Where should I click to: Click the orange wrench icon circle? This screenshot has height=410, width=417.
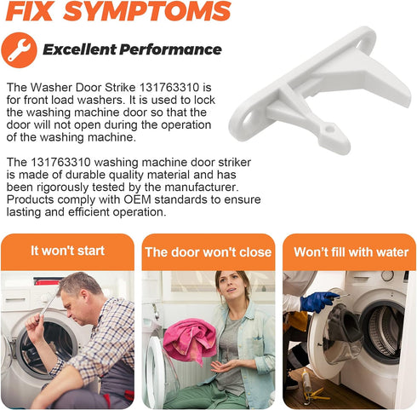coord(19,50)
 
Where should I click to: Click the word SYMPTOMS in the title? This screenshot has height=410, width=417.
coord(147,11)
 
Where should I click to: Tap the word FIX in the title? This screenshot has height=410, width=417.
coord(30,11)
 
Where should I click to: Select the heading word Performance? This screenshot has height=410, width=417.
coord(170,49)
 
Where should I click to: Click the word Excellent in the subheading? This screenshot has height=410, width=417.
coord(80,49)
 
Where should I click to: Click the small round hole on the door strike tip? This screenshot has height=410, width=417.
coord(329,129)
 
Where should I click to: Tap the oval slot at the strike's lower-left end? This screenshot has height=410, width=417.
coord(248,120)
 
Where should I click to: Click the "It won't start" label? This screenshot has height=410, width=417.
coord(67,251)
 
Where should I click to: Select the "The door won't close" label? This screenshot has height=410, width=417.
coord(208,252)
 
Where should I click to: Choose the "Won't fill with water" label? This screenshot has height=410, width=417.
coord(351,252)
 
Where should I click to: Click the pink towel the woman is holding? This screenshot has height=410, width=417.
coord(190,340)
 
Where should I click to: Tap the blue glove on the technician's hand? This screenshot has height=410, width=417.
coord(317,302)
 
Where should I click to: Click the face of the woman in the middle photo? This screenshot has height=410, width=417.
coord(231,287)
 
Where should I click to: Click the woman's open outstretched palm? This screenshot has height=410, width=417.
coord(224,367)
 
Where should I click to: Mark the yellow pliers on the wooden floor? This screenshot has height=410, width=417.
coord(315,394)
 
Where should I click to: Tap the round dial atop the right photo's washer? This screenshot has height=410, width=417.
coord(387,276)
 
